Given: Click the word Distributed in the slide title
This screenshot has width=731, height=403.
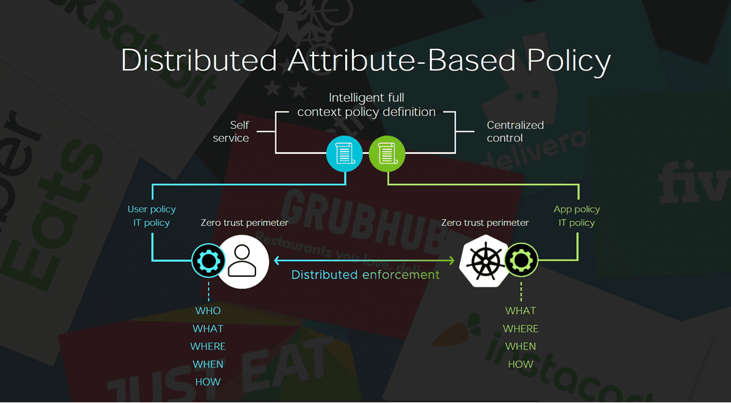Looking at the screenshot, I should [199, 60].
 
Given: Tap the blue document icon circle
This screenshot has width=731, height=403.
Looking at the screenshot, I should [345, 153].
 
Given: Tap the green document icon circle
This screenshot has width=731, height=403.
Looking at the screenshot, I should [387, 153].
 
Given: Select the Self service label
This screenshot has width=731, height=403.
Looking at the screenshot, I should [231, 132].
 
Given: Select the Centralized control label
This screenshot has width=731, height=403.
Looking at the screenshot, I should [515, 132].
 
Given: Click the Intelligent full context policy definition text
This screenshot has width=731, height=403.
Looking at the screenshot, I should [366, 105].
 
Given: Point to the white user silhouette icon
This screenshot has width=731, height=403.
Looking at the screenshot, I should [242, 261].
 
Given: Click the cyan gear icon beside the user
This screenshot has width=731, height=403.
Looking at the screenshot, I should [208, 261].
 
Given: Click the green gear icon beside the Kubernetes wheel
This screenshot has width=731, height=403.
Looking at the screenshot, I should [522, 261].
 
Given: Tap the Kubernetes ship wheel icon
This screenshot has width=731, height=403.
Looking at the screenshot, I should [484, 261].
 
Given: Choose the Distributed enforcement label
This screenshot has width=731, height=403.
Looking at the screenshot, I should [365, 275].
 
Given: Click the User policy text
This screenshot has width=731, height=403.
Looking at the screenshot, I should [151, 209].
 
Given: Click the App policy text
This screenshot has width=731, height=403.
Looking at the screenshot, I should [577, 209].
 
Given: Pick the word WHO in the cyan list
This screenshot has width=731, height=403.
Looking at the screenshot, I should [208, 311].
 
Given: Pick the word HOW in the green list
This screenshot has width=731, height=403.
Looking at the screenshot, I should [521, 364].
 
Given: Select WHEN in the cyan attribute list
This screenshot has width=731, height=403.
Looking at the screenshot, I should [208, 364].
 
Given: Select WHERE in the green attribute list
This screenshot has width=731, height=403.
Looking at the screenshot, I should [521, 328].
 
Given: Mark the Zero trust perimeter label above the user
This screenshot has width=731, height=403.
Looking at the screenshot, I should [245, 223].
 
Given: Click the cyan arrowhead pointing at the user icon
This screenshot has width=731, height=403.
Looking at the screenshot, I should [277, 261].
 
